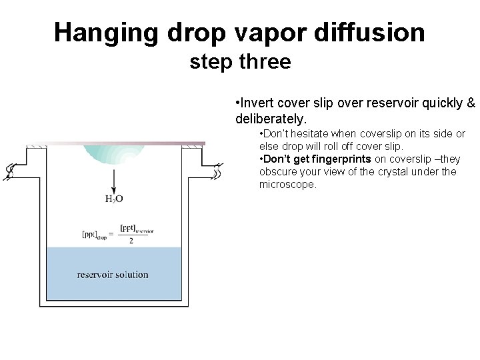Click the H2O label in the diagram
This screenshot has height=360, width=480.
113,198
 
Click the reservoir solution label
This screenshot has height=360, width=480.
113,275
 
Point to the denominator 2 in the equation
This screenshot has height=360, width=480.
131,241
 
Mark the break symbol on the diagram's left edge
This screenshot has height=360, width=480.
10,172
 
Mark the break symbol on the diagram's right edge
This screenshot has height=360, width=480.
217,172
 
